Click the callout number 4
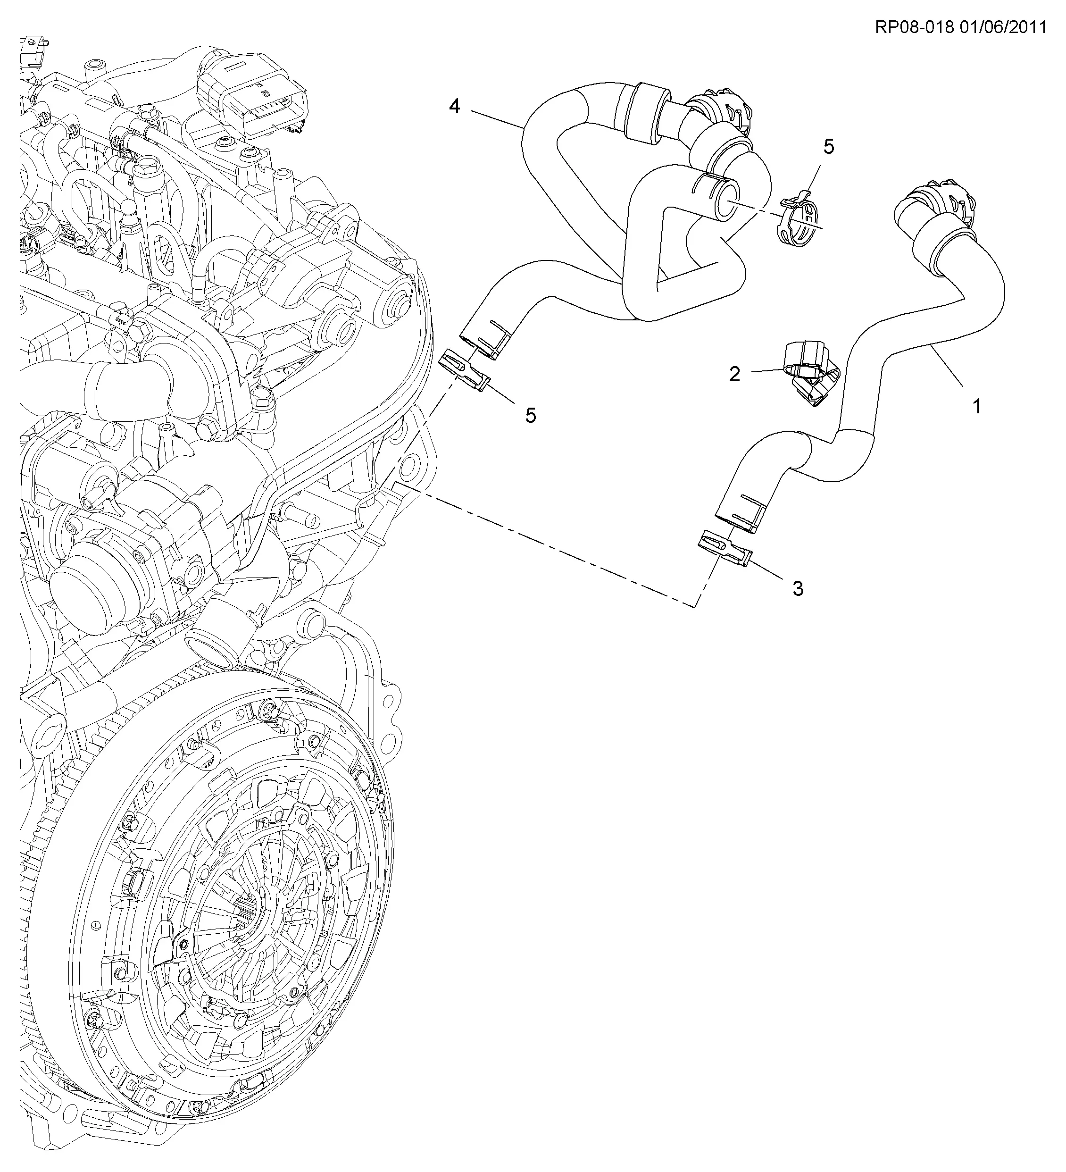[455, 106]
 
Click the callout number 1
[977, 406]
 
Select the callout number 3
[799, 588]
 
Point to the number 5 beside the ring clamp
[829, 146]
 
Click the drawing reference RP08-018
[914, 27]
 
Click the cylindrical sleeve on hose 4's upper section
[646, 113]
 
